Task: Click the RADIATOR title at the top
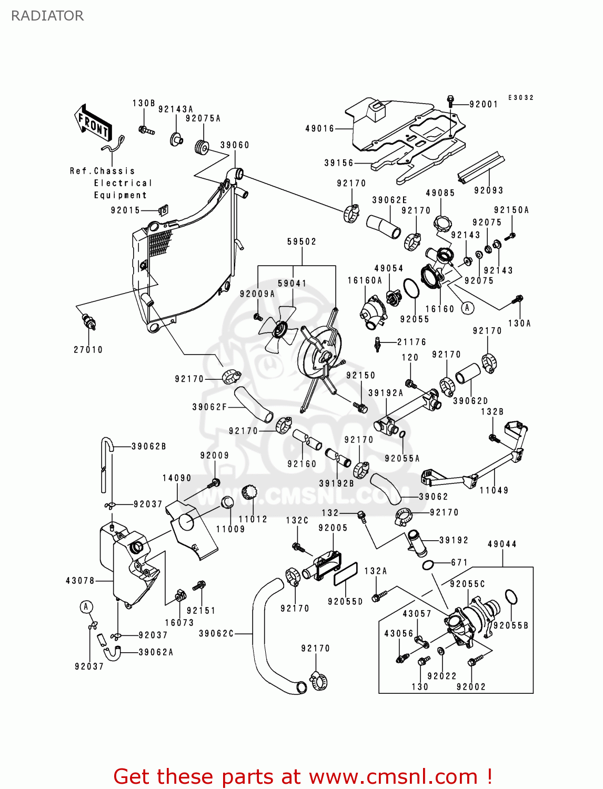(x=47, y=16)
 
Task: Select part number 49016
(x=319, y=128)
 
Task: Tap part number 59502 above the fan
(x=302, y=242)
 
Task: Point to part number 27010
(x=88, y=350)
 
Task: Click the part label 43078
(x=80, y=581)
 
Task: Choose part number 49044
(x=502, y=544)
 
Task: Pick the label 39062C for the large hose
(x=216, y=634)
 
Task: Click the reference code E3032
(x=521, y=98)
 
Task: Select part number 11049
(x=494, y=490)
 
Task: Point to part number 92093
(x=488, y=190)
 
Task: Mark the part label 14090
(x=177, y=478)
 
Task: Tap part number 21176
(x=411, y=342)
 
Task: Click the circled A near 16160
(x=467, y=308)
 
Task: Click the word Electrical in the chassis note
(x=123, y=183)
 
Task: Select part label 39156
(x=339, y=163)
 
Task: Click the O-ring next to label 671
(x=429, y=565)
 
